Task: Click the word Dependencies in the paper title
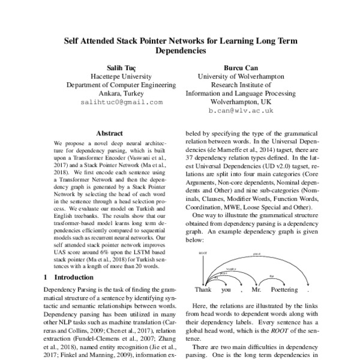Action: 181,52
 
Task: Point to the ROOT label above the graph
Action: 202,253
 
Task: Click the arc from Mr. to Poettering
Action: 271,278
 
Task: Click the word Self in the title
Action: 74,41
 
